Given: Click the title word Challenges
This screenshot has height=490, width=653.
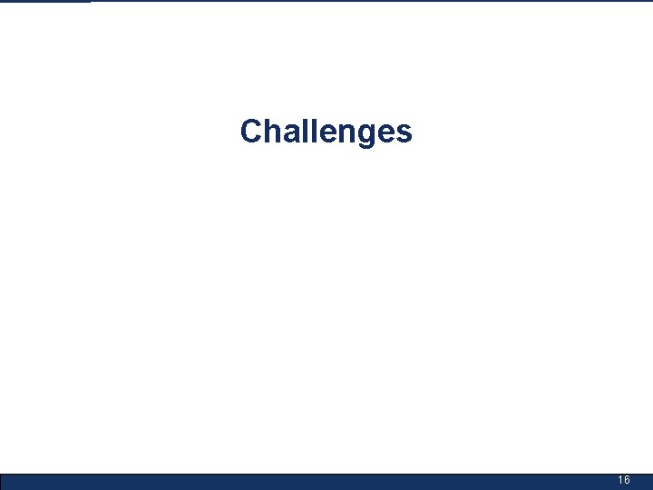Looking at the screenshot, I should [x=326, y=132].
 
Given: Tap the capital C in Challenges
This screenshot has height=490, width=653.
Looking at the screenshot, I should [x=251, y=132].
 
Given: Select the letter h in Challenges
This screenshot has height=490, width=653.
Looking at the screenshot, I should [x=271, y=132].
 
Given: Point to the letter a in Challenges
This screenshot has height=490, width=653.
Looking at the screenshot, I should [x=289, y=134].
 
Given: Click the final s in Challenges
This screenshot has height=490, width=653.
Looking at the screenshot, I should [x=402, y=134].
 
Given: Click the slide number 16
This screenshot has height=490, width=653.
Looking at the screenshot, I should [x=624, y=480].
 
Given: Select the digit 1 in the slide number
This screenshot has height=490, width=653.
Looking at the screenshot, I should [x=620, y=480].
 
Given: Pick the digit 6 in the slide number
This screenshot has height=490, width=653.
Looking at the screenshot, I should [x=628, y=480].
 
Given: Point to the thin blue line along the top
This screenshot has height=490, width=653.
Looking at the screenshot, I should [x=363, y=1].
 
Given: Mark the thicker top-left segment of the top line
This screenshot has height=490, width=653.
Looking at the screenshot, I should [x=45, y=1].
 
